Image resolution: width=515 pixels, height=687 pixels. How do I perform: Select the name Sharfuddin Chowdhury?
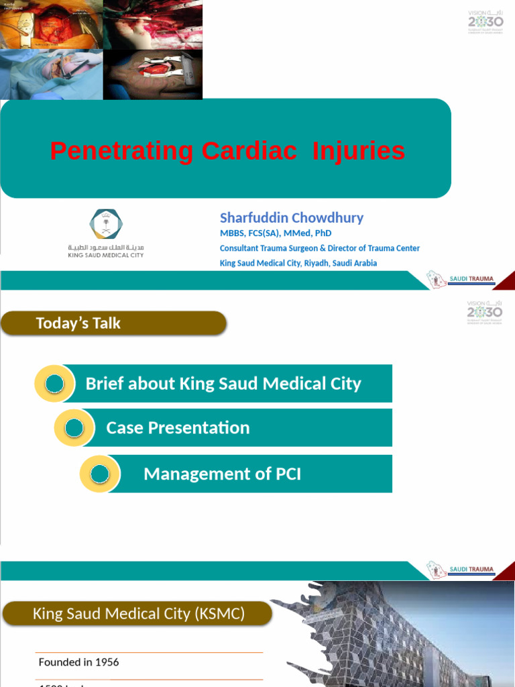tap(292, 218)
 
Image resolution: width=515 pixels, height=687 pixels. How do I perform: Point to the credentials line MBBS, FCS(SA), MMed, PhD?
tap(276, 233)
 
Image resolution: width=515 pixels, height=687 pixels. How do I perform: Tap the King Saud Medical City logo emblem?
tap(106, 225)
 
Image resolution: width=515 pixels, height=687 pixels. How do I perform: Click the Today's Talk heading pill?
tap(113, 323)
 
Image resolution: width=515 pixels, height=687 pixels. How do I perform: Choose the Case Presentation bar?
tap(228, 428)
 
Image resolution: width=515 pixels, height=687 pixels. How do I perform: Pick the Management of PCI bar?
tap(241, 474)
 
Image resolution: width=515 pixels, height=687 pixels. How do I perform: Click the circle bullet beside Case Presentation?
tap(75, 428)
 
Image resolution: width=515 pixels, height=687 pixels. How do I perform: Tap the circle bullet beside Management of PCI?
tap(100, 474)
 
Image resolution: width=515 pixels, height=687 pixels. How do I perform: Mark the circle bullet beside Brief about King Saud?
tap(54, 384)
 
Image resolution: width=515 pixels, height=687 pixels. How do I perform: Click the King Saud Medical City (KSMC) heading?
tap(139, 613)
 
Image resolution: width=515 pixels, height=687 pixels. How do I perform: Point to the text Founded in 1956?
tap(79, 662)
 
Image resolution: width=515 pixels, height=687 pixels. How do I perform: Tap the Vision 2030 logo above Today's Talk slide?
tap(484, 312)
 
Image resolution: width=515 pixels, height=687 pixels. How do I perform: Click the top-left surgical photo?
tap(51, 25)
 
